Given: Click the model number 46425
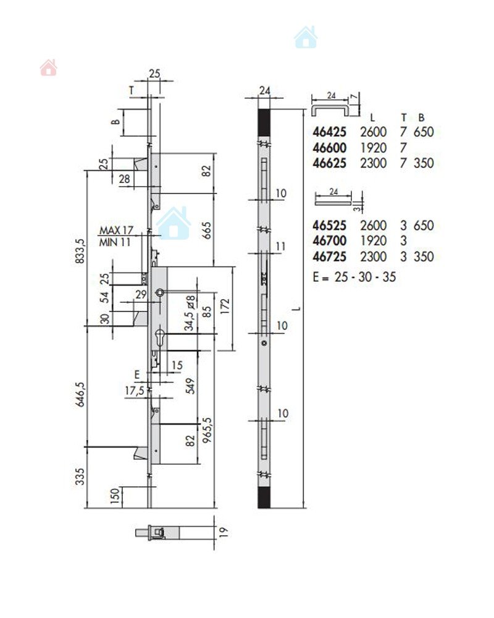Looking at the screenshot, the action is (x=329, y=132).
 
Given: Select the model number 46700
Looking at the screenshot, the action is (x=329, y=240).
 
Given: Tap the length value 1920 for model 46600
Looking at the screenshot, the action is (x=373, y=148).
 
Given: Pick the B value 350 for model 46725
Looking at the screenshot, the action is (x=424, y=256).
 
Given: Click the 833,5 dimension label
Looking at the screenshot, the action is (x=80, y=251).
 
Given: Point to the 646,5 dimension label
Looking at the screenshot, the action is (x=80, y=394).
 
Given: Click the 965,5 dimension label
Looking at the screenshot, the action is (x=207, y=430).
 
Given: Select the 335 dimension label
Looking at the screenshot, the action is (x=80, y=476).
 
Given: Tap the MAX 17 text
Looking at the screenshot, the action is (x=116, y=230).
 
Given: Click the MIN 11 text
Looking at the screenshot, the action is (x=115, y=242).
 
